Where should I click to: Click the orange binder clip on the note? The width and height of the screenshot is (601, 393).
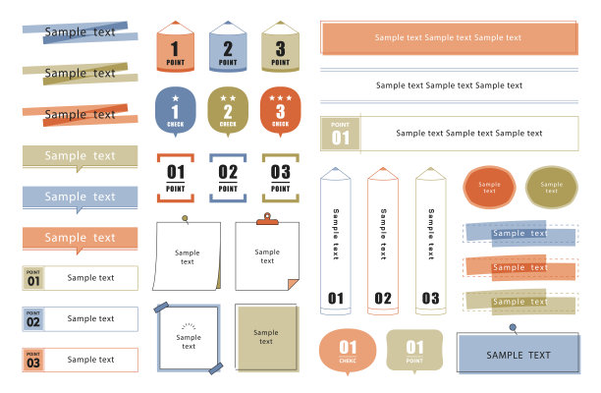point(267,219)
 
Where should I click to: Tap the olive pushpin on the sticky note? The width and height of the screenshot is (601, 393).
point(186,219)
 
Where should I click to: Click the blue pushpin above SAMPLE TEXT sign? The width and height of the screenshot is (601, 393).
point(513,328)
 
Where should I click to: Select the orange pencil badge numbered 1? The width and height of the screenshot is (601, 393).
point(176,46)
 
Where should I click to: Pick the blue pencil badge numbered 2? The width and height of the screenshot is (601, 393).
point(228,46)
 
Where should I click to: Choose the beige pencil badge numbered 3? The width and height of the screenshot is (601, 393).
point(280,46)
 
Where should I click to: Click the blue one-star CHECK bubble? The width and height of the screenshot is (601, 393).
point(176,112)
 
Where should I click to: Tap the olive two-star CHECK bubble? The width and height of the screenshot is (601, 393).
point(228,112)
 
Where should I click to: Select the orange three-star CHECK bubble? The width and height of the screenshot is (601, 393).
point(280,112)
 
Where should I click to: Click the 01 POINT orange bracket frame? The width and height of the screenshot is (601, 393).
point(176,155)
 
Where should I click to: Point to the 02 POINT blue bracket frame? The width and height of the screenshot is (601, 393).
point(228,155)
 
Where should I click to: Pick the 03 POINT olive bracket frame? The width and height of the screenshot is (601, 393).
point(280,155)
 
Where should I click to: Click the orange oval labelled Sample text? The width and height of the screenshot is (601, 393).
point(489,187)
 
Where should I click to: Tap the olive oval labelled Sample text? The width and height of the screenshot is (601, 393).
point(552,187)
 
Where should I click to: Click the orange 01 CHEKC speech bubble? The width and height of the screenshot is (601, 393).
point(348,351)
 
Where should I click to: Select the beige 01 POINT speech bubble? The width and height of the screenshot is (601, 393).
point(414,350)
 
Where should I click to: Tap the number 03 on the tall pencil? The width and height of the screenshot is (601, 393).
point(430,299)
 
